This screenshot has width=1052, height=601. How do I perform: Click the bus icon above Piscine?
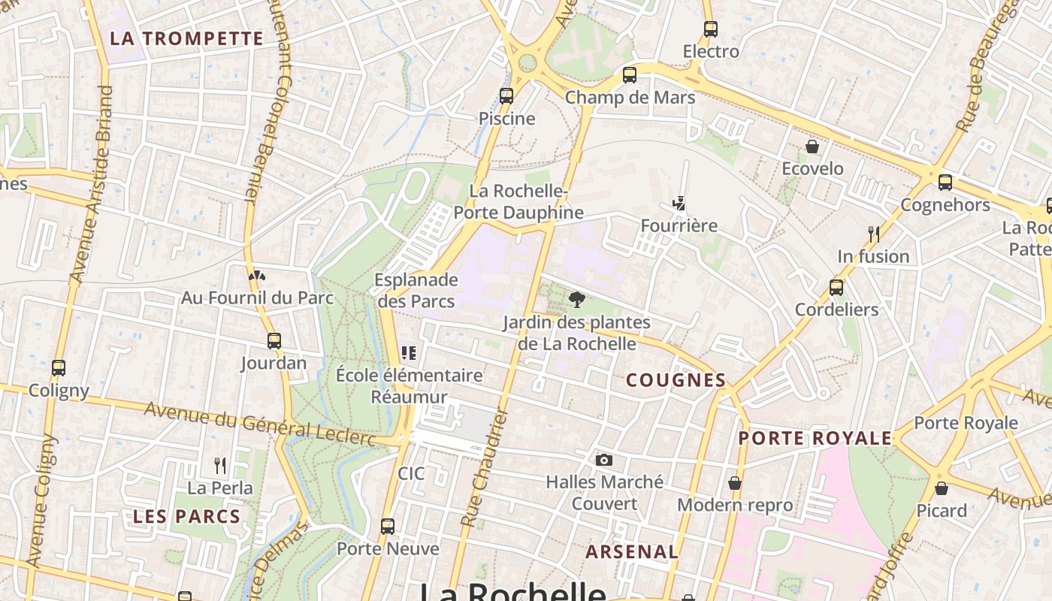click(506, 96)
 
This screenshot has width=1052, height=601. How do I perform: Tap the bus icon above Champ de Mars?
click(630, 75)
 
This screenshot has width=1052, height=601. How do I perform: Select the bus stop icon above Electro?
click(711, 29)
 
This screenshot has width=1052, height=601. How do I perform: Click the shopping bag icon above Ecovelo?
click(812, 146)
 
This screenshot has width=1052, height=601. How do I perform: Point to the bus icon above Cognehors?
click(945, 183)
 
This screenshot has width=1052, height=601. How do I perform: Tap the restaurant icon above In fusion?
click(873, 234)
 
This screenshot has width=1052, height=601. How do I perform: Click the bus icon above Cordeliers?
click(836, 287)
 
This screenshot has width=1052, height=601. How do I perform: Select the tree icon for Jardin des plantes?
click(577, 300)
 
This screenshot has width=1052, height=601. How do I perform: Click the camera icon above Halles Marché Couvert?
click(603, 460)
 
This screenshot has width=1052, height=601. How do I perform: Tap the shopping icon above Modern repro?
click(735, 483)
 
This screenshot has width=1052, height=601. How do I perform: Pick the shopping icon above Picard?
click(942, 489)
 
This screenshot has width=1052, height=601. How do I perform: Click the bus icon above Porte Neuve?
click(388, 527)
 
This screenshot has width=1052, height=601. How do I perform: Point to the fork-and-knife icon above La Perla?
click(220, 466)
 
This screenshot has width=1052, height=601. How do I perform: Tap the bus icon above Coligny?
click(59, 368)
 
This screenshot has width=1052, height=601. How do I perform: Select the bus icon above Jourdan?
click(274, 341)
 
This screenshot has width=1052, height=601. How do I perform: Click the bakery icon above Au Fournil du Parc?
click(257, 276)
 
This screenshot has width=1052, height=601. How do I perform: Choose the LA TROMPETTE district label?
click(187, 39)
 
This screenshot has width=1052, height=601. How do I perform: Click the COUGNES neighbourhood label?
click(676, 381)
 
